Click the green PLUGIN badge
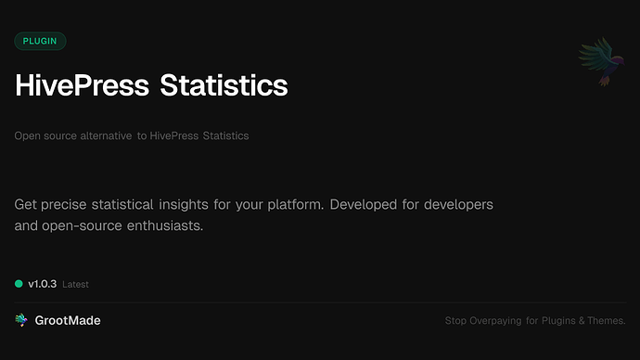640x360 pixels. click(40, 41)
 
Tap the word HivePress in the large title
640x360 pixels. click(82, 85)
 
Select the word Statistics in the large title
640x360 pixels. click(224, 85)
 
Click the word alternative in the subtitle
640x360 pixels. click(104, 136)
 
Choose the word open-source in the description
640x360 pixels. click(87, 225)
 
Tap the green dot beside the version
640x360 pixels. click(19, 284)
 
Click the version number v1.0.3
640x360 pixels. click(42, 284)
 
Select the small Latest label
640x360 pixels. click(75, 285)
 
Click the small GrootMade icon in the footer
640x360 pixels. click(21, 320)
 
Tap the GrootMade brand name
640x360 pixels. click(68, 320)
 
